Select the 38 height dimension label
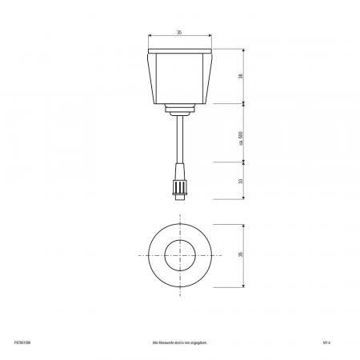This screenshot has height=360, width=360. coord(240,76)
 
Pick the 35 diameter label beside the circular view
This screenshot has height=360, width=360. coord(240,254)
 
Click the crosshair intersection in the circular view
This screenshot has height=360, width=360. coord(180,254)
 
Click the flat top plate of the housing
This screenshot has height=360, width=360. coord(180,52)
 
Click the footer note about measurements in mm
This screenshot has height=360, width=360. coord(180,339)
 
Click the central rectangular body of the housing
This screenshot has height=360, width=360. coord(180,78)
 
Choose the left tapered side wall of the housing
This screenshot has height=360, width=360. coord(151,78)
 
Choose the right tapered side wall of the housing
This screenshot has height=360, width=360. coord(209,78)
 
